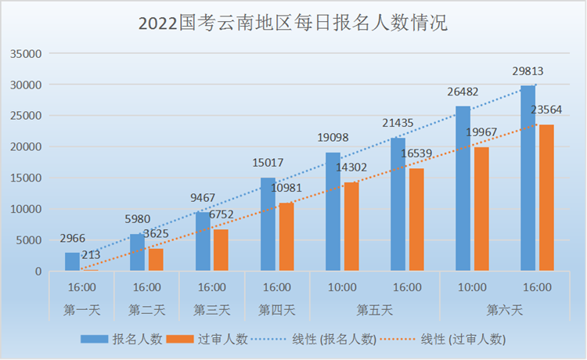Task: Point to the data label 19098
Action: (333, 138)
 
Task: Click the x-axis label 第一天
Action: (81, 310)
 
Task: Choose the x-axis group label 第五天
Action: (375, 310)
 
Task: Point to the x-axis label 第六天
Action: (505, 310)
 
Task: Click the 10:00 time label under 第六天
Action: (472, 287)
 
